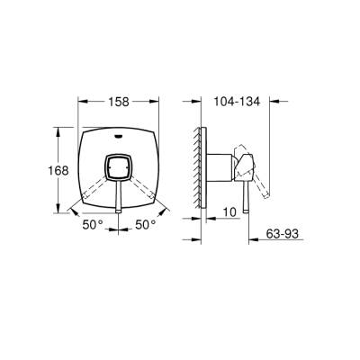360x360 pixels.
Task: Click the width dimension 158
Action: point(118,103)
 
